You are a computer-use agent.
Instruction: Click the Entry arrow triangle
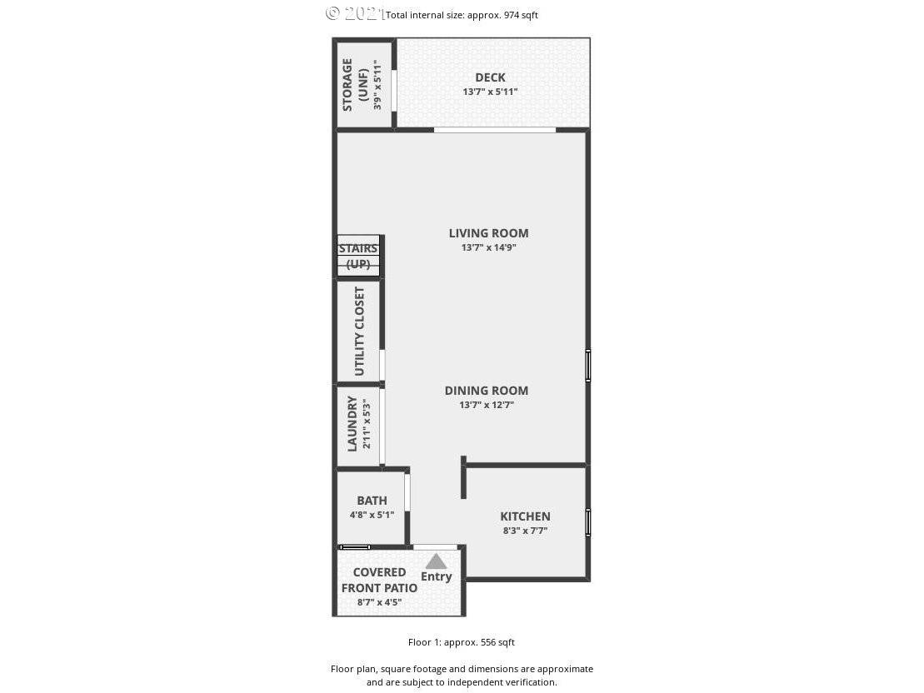[436, 561]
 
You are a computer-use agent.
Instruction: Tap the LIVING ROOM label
[488, 233]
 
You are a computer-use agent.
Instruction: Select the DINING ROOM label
[486, 391]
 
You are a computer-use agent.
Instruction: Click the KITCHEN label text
[525, 516]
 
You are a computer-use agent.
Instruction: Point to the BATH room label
[372, 501]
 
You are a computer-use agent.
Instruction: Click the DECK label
[490, 77]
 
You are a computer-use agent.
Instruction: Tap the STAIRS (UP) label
[358, 257]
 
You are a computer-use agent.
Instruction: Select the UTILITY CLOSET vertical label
[359, 332]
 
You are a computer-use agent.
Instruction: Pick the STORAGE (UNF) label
[355, 85]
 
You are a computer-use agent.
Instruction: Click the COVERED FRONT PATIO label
[379, 580]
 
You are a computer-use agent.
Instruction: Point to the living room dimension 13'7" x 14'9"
[488, 247]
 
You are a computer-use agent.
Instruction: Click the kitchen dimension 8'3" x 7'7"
[525, 531]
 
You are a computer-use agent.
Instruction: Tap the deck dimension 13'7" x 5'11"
[490, 92]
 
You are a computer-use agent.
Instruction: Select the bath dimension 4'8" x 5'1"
[372, 515]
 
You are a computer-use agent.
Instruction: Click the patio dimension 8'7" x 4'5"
[379, 602]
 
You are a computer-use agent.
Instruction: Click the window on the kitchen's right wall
[588, 522]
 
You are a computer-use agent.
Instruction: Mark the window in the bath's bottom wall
[355, 547]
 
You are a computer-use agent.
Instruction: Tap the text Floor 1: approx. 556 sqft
[462, 642]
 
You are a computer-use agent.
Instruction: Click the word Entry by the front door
[436, 577]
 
